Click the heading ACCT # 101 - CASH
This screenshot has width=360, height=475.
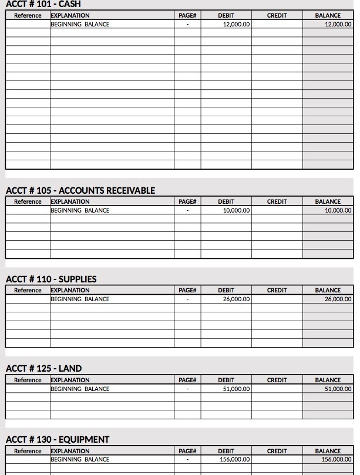[43, 4]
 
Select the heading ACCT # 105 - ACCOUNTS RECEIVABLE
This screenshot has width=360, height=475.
[80, 190]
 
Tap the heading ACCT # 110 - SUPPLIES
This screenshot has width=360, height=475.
[51, 279]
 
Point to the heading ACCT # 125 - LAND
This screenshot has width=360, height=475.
[43, 369]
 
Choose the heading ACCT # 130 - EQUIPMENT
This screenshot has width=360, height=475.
[58, 440]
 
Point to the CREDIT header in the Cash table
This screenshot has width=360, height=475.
[277, 16]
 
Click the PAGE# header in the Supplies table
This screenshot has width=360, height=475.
[187, 290]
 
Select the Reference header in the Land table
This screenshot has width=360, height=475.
[28, 380]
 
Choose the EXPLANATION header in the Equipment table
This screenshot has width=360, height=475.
[70, 451]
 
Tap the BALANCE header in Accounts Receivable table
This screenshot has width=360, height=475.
[328, 201]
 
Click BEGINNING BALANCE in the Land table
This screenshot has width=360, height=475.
[80, 389]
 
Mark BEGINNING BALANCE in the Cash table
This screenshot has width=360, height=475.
[80, 25]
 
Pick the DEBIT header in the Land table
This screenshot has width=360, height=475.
[226, 380]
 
